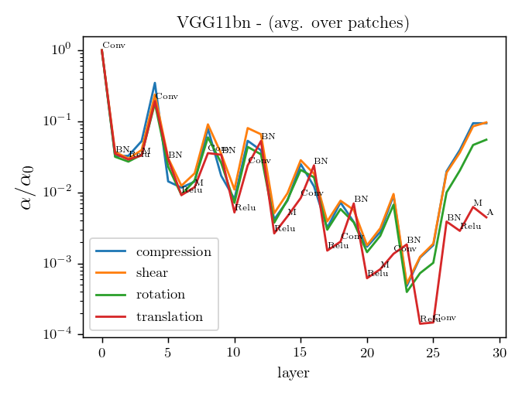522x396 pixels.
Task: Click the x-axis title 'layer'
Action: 293,373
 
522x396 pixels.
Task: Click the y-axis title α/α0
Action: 24,187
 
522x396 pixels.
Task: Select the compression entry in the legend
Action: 173,252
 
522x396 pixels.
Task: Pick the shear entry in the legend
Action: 152,273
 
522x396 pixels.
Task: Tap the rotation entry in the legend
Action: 160,295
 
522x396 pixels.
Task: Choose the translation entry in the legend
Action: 170,316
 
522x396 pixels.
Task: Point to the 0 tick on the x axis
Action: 101,352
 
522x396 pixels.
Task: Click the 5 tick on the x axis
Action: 168,352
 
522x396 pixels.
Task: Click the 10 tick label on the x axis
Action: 234,352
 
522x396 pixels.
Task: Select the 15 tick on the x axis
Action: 300,352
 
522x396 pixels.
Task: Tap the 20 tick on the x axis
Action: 367,352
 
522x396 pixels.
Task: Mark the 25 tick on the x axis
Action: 433,352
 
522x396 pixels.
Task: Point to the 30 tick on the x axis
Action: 500,352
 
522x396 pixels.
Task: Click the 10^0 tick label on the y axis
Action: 60,49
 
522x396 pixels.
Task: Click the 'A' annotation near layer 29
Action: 489,213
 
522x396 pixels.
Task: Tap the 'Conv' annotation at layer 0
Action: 114,46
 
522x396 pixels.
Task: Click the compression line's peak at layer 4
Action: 155,83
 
